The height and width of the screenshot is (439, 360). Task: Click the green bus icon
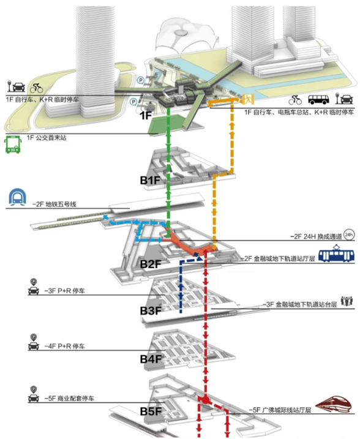[x=13, y=144]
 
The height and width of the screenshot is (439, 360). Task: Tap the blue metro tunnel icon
[x=18, y=197]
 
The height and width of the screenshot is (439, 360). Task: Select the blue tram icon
[x=336, y=253]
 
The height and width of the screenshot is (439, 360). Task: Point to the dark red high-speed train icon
[x=334, y=403]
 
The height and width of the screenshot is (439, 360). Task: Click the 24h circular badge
[x=349, y=235]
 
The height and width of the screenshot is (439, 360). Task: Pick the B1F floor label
[x=151, y=181]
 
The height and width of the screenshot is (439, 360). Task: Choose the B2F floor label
[x=151, y=264]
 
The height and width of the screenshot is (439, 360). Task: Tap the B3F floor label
[x=151, y=311]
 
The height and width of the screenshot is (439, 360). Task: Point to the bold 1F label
[x=146, y=115]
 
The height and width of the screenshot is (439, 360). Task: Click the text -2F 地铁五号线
[x=54, y=204]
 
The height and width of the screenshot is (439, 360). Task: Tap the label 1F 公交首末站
[x=47, y=138]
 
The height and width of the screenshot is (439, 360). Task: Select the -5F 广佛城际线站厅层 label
[x=280, y=410]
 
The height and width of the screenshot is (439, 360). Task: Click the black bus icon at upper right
[x=318, y=99]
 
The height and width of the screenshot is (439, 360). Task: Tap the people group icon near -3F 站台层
[x=347, y=301]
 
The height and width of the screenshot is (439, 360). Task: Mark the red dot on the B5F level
[x=206, y=400]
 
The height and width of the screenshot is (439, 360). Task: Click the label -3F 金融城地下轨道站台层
[x=299, y=304]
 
